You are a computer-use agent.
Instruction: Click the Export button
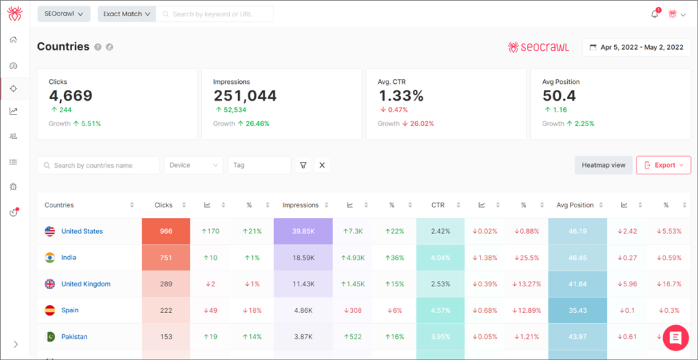click(x=663, y=165)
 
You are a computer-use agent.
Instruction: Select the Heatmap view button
click(x=603, y=165)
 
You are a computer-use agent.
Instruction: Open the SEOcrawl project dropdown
click(x=63, y=14)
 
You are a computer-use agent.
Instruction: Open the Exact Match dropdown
click(x=127, y=14)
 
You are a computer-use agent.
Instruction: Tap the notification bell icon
click(x=655, y=14)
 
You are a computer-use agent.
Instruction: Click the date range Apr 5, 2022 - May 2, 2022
click(x=637, y=48)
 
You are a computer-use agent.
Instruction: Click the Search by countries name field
click(x=98, y=165)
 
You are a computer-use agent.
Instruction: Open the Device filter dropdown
click(x=194, y=165)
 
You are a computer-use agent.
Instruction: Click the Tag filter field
click(x=259, y=165)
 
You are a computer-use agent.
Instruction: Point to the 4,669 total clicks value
click(x=70, y=96)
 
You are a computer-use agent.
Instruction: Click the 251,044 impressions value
click(x=245, y=96)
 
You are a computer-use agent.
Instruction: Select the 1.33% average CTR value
click(x=401, y=96)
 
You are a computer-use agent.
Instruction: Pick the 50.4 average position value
click(x=559, y=96)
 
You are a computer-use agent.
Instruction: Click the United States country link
click(x=82, y=231)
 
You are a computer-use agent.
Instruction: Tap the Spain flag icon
click(x=50, y=310)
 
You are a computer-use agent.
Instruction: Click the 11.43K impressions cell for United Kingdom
click(x=303, y=284)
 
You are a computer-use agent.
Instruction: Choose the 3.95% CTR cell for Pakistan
click(x=440, y=337)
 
